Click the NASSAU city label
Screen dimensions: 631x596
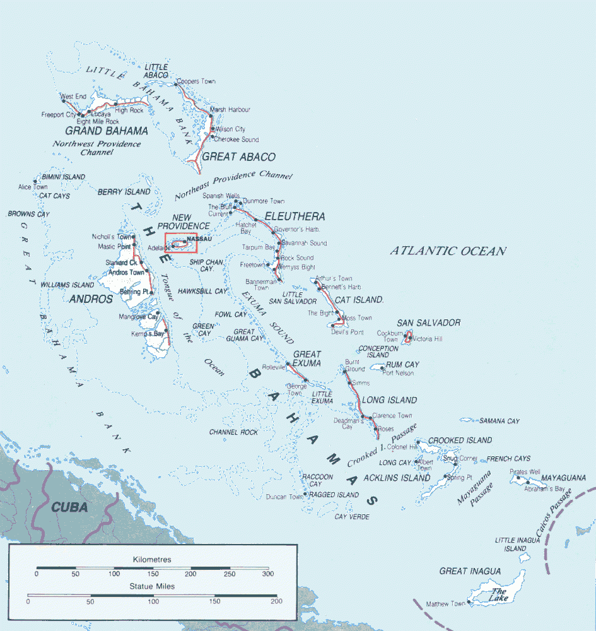(198, 240)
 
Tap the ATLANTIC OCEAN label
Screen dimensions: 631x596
(448, 251)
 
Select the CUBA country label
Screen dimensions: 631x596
(69, 507)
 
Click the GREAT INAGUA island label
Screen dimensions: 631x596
(470, 572)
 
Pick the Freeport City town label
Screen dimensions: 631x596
(58, 115)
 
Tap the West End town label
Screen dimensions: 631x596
(73, 97)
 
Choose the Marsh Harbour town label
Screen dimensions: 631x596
(230, 110)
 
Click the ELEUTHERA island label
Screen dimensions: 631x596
(295, 216)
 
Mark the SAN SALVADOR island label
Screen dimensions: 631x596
(429, 323)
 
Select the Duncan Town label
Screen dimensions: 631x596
(284, 497)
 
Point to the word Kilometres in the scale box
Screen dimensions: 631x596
(152, 560)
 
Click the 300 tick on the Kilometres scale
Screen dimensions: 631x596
(269, 574)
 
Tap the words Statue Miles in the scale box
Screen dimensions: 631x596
(152, 586)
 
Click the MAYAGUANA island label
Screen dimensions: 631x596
(564, 478)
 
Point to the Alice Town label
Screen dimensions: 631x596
(33, 187)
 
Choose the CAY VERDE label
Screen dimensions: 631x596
(352, 517)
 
